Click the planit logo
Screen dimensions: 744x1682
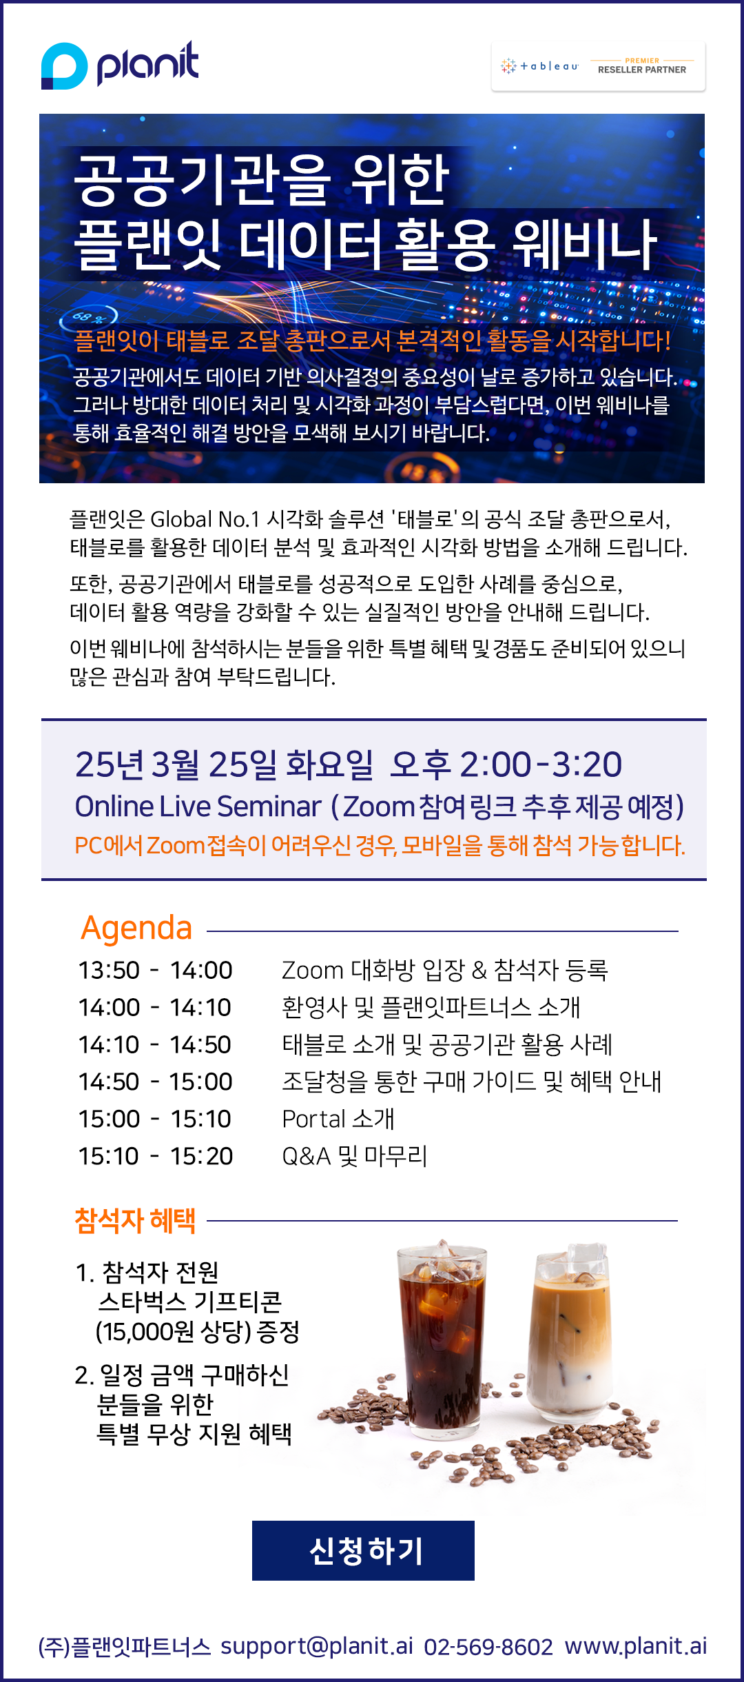[x=120, y=65]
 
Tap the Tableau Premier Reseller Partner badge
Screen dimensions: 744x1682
[x=598, y=66]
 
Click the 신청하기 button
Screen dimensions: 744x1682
[x=363, y=1550]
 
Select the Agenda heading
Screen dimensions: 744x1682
[x=136, y=928]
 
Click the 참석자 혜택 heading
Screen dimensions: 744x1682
[x=135, y=1221]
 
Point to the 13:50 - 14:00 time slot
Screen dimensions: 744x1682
[x=155, y=971]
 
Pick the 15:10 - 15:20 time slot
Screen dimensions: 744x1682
[x=156, y=1156]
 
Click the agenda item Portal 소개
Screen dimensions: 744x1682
[x=338, y=1119]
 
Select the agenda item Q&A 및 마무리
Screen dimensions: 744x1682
[x=355, y=1156]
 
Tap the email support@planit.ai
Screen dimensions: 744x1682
[x=317, y=1646]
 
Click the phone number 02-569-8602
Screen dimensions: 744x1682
[x=488, y=1647]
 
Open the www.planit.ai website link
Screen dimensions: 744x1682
[x=636, y=1646]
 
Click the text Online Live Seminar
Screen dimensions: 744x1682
[x=198, y=807]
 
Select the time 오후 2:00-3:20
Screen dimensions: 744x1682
[x=506, y=764]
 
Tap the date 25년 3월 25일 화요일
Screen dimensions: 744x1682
[x=224, y=764]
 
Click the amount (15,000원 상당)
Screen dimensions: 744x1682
[x=173, y=1332]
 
